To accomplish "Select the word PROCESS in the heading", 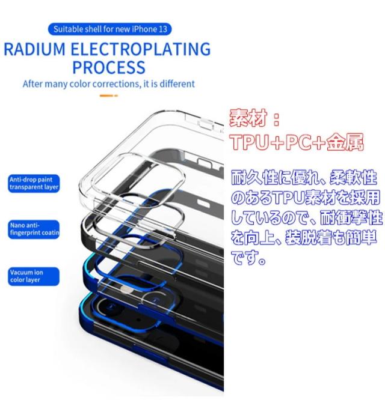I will (x=108, y=67).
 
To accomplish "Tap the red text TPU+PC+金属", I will (x=296, y=142).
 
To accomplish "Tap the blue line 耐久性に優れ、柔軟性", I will (x=304, y=178).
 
